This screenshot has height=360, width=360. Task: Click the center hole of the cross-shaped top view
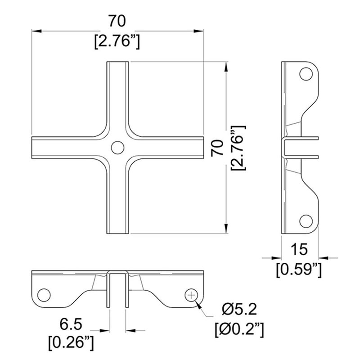tap(117, 147)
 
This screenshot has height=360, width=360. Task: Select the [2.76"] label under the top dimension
tap(117, 41)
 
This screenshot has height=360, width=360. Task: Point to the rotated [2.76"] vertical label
tap(237, 148)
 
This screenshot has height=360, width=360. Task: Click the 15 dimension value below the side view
tap(299, 249)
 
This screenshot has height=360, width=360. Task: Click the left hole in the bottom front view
tap(44, 295)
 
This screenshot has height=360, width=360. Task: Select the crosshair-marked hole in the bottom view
tap(191, 295)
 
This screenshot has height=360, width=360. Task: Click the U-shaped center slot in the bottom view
tap(117, 288)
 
